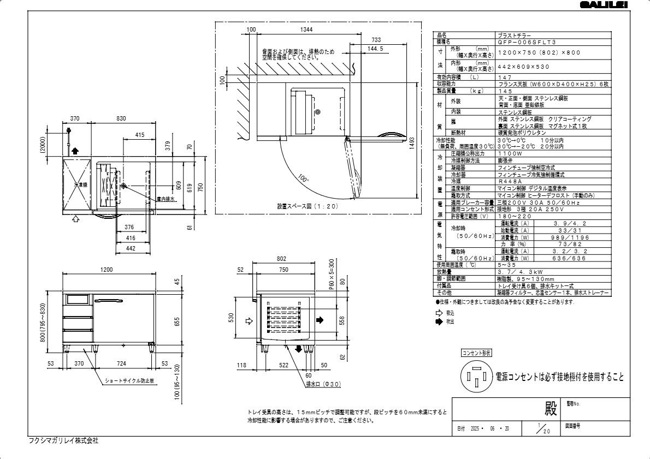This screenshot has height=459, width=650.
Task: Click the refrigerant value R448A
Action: [x=507, y=181]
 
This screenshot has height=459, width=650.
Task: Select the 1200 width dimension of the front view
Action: [x=107, y=270]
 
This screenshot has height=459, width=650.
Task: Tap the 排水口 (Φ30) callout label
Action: [x=323, y=384]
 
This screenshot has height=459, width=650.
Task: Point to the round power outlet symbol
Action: [x=477, y=378]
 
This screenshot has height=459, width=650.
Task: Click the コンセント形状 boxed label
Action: [x=477, y=354]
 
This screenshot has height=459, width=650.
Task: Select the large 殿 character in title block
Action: [x=551, y=409]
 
